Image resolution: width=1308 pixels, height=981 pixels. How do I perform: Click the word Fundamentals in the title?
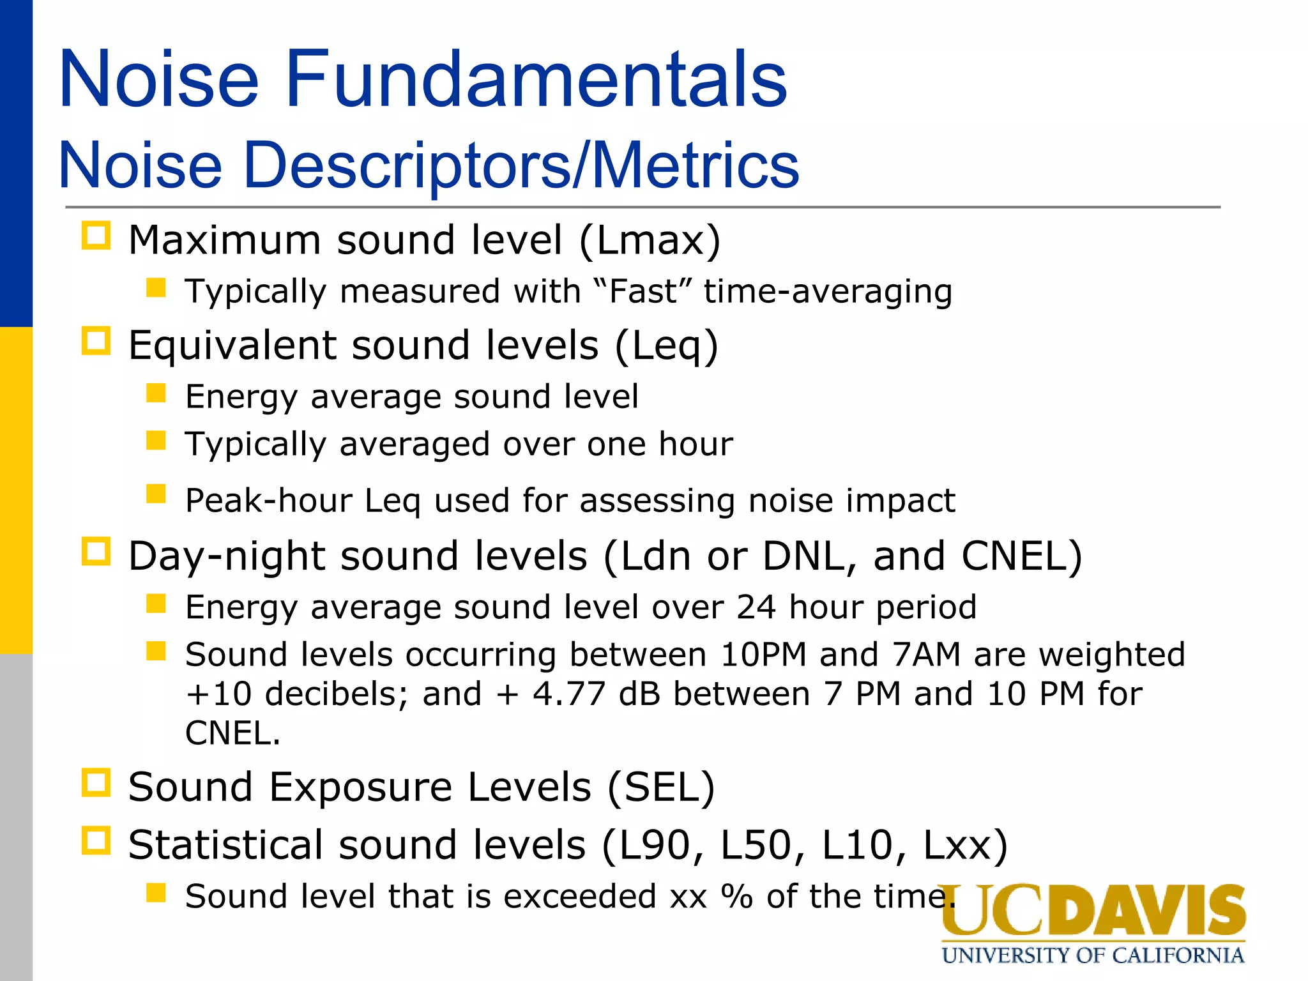point(536,80)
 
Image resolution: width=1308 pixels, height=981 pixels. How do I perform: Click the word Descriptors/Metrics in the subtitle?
point(521,166)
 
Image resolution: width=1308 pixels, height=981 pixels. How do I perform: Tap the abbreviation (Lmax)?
point(650,240)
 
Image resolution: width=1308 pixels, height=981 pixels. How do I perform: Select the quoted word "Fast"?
point(643,292)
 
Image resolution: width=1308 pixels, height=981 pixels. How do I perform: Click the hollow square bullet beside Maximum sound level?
point(96,236)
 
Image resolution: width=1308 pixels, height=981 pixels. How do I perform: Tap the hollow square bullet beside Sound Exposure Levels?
point(96,782)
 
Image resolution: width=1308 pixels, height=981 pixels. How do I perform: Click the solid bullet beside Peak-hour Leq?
point(156,494)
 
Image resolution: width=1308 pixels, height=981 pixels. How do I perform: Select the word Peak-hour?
point(269,500)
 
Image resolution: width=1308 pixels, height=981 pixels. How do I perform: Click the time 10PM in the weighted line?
point(764,655)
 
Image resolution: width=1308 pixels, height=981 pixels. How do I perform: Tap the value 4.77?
point(568,694)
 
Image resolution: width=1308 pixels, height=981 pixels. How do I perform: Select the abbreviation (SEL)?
point(661,787)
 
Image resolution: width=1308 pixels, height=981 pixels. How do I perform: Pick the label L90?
point(654,846)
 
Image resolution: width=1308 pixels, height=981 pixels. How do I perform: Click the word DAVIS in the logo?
point(1146,911)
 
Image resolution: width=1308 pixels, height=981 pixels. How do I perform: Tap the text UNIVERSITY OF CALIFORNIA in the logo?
point(1093,955)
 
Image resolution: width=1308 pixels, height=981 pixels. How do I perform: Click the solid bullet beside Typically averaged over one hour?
point(156,440)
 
